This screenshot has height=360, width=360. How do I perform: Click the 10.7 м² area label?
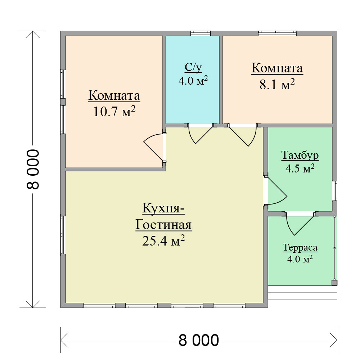point(114,112)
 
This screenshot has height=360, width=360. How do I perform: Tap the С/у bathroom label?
point(193,68)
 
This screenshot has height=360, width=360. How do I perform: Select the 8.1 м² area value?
point(277,84)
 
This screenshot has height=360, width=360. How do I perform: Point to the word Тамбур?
point(300,155)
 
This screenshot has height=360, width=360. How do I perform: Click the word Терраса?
point(300,248)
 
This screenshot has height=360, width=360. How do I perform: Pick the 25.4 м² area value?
point(163,240)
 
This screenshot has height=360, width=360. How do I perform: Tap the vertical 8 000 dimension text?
point(33,169)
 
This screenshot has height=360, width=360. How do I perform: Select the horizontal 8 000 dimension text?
point(199,340)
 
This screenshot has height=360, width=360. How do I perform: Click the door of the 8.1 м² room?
point(242,136)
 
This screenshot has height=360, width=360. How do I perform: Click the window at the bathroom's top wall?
point(201,33)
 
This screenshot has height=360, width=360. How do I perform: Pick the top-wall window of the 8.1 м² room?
point(277,33)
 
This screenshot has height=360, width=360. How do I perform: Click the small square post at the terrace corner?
point(335,283)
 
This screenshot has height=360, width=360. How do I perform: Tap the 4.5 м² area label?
point(300,169)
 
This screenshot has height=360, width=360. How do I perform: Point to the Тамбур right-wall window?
point(335,190)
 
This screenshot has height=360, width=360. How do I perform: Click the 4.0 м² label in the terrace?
point(300,259)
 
